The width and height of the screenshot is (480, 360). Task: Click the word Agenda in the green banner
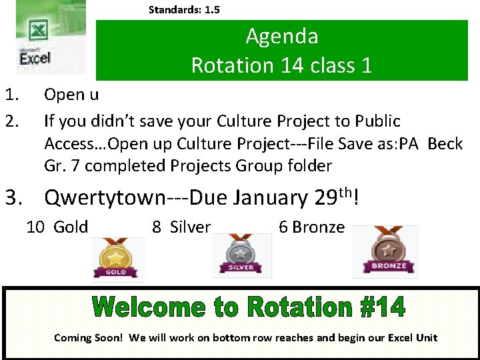281,35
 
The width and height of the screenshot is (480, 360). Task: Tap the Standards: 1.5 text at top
184,9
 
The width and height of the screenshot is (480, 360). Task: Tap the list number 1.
11,95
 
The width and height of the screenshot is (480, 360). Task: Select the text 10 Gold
57,227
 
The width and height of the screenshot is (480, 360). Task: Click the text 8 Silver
181,227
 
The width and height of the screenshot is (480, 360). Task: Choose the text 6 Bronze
311,227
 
